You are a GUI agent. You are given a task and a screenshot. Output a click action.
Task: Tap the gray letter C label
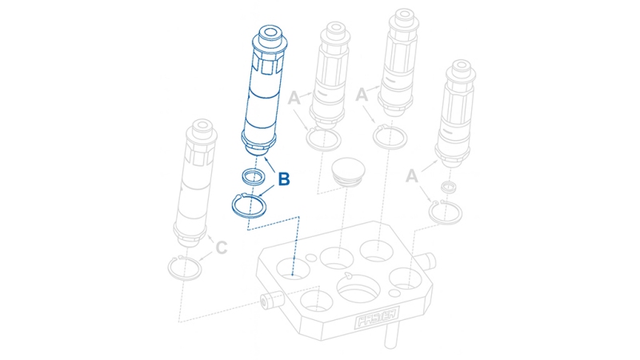pyautogui.click(x=221, y=248)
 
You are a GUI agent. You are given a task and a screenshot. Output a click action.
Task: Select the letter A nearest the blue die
pyautogui.click(x=294, y=98)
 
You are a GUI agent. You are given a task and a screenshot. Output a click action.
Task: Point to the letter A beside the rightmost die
pyautogui.click(x=413, y=175)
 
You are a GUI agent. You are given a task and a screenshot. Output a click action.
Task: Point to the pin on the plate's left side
pyautogui.click(x=268, y=299)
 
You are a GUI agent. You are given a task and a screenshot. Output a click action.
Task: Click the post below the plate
pyautogui.click(x=390, y=338)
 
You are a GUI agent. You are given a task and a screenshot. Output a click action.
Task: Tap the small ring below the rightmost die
pyautogui.click(x=449, y=188)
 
